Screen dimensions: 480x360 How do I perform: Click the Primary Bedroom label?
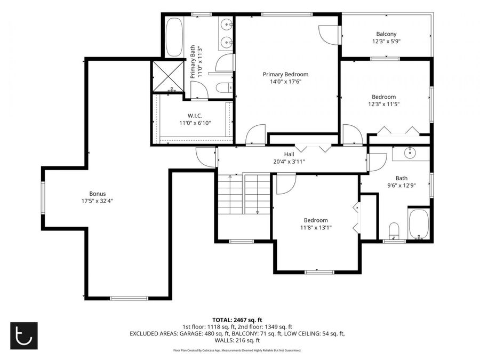click(286, 74)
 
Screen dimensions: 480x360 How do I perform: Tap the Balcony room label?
click(386, 34)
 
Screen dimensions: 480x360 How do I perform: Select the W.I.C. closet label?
click(195, 116)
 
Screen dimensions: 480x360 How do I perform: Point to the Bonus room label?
click(98, 194)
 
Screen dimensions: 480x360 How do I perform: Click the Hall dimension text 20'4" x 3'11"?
click(289, 161)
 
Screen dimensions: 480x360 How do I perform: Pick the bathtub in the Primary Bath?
click(174, 37)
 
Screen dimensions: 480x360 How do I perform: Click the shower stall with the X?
click(167, 76)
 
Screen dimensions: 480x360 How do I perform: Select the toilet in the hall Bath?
click(394, 231)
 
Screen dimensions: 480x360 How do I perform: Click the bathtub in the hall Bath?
click(419, 224)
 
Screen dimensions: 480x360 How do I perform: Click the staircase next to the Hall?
click(244, 194)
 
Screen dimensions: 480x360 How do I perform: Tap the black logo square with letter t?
click(24, 335)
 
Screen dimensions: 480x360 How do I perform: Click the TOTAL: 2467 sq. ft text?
click(237, 320)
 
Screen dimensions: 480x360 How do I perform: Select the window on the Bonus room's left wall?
click(43, 198)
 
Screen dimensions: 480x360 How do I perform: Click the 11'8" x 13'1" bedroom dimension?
click(316, 227)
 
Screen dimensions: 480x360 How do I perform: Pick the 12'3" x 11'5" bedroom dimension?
click(384, 104)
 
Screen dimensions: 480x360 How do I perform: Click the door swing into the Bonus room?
click(206, 157)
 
